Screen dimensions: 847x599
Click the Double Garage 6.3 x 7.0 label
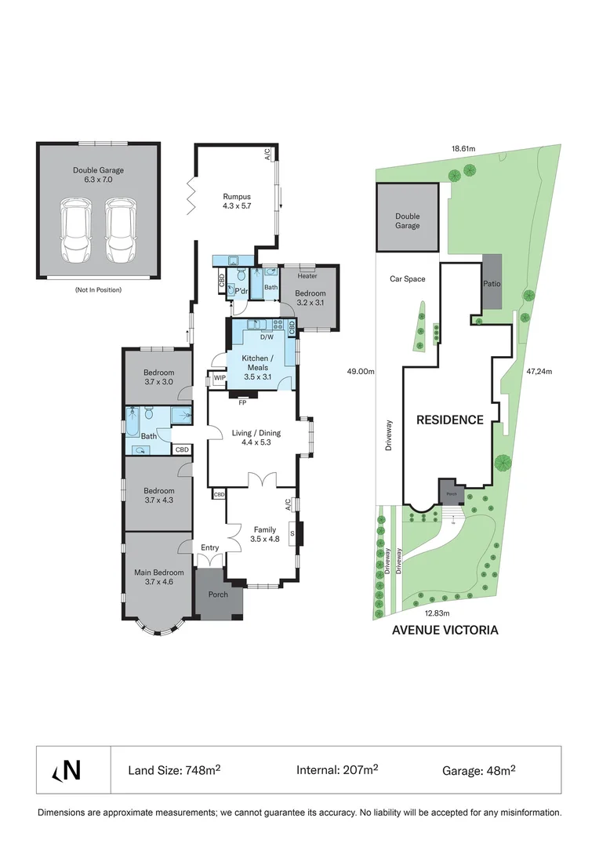pyautogui.click(x=98, y=174)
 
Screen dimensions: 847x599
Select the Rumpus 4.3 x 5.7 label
pyautogui.click(x=236, y=202)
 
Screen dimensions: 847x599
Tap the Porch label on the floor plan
pyautogui.click(x=218, y=594)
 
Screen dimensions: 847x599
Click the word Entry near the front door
pyautogui.click(x=210, y=547)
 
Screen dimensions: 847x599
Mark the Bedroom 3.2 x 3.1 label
pyautogui.click(x=310, y=297)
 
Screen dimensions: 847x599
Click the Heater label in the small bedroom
pyautogui.click(x=307, y=276)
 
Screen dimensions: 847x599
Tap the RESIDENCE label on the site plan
pyautogui.click(x=449, y=420)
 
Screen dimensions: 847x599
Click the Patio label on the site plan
pyautogui.click(x=492, y=284)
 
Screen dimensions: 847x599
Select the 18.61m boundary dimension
pyautogui.click(x=463, y=147)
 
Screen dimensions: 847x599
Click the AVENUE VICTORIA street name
pyautogui.click(x=445, y=630)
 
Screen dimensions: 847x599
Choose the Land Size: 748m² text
pyautogui.click(x=174, y=770)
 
